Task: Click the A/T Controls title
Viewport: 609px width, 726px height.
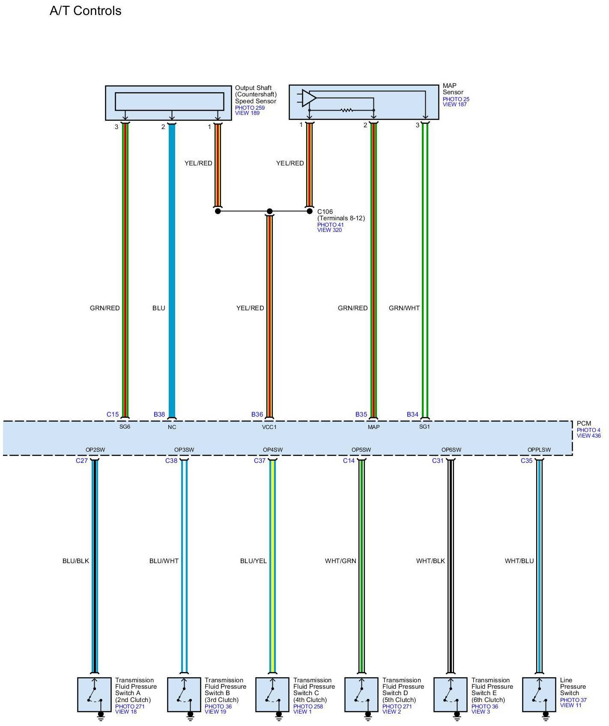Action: [x=86, y=11]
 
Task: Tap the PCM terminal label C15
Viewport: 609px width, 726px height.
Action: [x=113, y=414]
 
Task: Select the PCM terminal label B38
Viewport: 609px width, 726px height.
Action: [x=159, y=414]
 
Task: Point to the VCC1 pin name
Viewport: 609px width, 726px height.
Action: [x=269, y=427]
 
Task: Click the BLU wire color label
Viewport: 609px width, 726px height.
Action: [x=158, y=308]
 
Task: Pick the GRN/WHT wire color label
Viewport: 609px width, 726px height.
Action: [x=404, y=308]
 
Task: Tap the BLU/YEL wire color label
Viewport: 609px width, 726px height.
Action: [x=254, y=561]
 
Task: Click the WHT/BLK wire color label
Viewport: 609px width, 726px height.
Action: [x=430, y=561]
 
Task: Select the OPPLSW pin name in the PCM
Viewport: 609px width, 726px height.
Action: [x=539, y=450]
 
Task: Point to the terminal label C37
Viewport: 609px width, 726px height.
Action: [x=260, y=461]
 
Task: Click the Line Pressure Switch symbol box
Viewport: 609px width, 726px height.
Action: [x=539, y=694]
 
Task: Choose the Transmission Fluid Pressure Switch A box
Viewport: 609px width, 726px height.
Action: [x=94, y=694]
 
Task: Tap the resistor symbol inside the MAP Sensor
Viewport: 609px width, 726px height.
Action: [x=346, y=110]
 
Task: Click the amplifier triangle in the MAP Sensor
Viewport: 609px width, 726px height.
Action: [x=308, y=98]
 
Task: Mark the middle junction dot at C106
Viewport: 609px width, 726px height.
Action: [x=269, y=211]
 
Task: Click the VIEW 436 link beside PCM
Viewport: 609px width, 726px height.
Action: [x=588, y=436]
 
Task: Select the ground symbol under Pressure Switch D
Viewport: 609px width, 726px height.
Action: [x=367, y=715]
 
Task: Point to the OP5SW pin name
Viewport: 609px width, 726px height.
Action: [x=361, y=450]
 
